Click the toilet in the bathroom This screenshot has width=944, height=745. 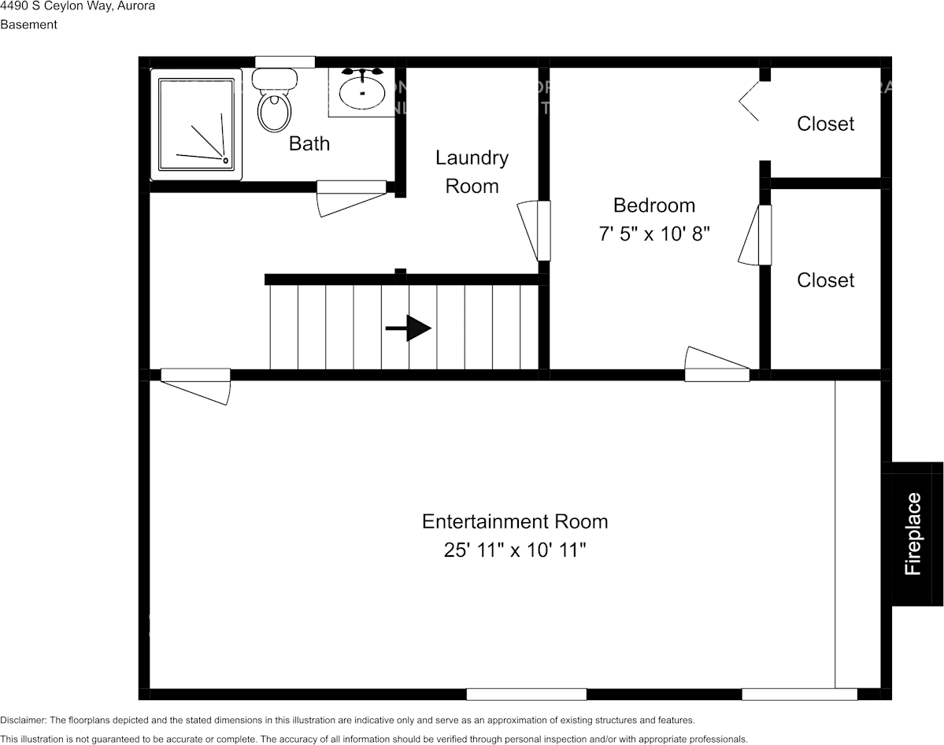point(274,102)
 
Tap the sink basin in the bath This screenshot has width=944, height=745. point(362,93)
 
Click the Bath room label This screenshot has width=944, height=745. point(309,143)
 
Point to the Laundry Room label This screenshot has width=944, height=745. point(472,172)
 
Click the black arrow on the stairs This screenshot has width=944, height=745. point(409,328)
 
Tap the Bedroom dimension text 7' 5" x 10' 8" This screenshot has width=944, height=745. point(654,234)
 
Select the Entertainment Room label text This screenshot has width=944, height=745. point(515,521)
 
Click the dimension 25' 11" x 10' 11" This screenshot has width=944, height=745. point(515,550)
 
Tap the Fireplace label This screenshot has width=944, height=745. point(913,533)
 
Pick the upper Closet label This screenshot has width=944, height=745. point(825,124)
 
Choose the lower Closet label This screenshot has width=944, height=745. point(825,280)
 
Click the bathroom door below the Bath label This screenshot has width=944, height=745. point(351,187)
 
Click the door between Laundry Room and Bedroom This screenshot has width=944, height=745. point(543,231)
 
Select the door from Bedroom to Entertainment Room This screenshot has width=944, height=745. point(716,374)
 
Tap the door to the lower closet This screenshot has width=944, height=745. point(764,235)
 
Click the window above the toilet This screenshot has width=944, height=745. point(285,62)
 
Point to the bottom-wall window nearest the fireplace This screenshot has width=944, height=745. point(799,694)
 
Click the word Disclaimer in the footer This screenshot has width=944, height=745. point(24,720)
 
